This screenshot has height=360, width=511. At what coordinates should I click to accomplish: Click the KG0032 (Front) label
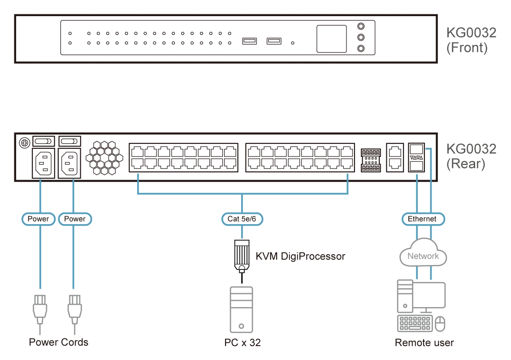(471, 40)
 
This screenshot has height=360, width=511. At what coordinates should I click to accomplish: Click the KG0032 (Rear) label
(471, 156)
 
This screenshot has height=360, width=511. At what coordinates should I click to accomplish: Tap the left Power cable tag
(39, 219)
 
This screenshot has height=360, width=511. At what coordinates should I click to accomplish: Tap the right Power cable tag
(75, 219)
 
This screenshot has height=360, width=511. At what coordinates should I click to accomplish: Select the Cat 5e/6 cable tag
(242, 219)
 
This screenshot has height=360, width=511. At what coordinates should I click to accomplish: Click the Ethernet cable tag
(422, 219)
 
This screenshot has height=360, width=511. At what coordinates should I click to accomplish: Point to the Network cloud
(423, 256)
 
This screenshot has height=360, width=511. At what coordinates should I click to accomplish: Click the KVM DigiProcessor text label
(300, 256)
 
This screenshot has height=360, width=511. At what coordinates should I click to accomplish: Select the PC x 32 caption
(243, 343)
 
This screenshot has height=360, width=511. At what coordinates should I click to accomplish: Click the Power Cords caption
(59, 343)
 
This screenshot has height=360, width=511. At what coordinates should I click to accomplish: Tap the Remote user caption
(424, 343)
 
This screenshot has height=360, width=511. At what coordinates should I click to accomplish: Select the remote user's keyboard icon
(415, 324)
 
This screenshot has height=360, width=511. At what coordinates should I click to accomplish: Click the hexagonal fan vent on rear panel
(104, 158)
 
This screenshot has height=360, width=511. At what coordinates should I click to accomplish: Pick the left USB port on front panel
(250, 41)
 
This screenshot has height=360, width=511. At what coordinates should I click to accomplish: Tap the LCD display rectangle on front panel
(332, 39)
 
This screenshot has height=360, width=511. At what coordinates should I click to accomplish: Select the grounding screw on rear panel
(24, 143)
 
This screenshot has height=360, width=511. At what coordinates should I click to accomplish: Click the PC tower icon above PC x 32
(242, 310)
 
